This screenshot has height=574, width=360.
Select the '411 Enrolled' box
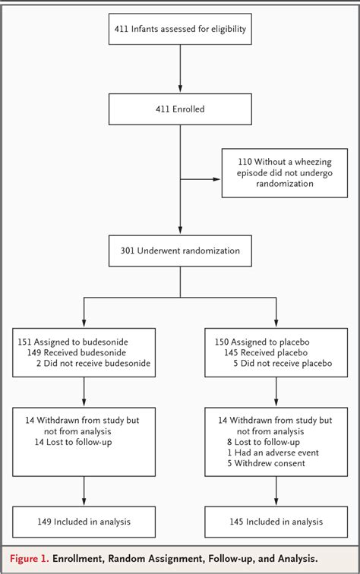coord(180,109)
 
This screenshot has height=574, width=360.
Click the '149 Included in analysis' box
coord(83,522)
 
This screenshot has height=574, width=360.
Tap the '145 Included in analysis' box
coord(276,522)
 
